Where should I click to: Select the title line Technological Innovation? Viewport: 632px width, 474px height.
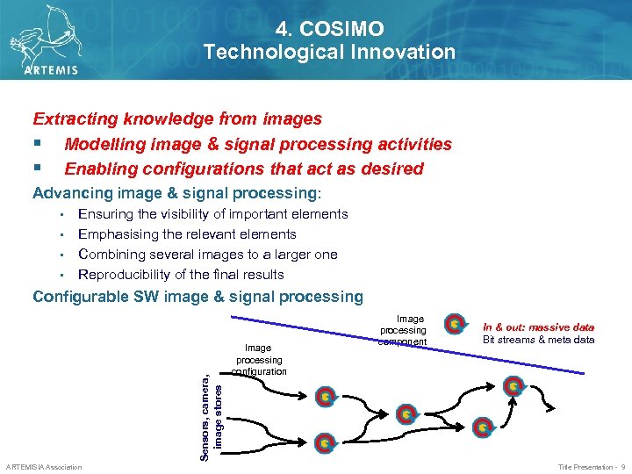329,53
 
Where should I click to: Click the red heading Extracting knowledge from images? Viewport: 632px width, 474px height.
177,118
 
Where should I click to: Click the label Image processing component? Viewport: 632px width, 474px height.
403,330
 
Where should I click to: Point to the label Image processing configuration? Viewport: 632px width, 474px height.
259,360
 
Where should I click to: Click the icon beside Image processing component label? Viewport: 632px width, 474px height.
454,325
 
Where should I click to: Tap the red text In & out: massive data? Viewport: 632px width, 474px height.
539,327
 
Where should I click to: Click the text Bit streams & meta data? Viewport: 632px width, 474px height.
539,340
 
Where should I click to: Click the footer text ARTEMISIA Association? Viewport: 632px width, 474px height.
44,467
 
